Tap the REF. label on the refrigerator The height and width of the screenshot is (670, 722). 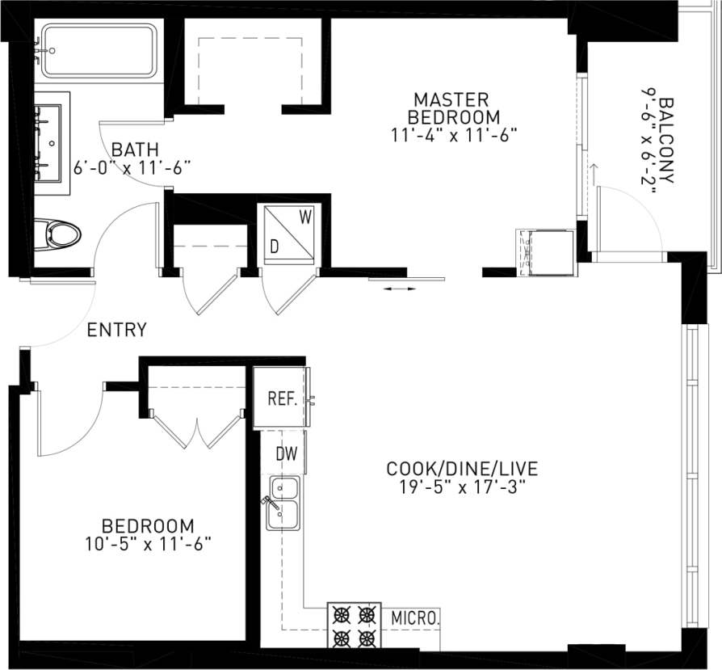point(283,399)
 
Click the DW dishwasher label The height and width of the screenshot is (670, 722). point(287,454)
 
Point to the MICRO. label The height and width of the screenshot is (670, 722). point(416,618)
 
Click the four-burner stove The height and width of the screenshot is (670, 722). point(354,626)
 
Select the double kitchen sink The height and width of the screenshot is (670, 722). point(283,502)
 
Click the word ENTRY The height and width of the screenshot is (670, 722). point(117,330)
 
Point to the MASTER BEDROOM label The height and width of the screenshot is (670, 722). point(451,107)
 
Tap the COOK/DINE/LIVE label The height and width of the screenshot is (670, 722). point(462,469)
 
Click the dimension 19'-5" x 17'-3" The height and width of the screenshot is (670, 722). point(462,488)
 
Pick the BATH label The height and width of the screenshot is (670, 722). point(135,150)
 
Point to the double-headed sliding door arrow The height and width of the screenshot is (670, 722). point(401,289)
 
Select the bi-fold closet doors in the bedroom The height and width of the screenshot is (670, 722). point(196,428)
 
